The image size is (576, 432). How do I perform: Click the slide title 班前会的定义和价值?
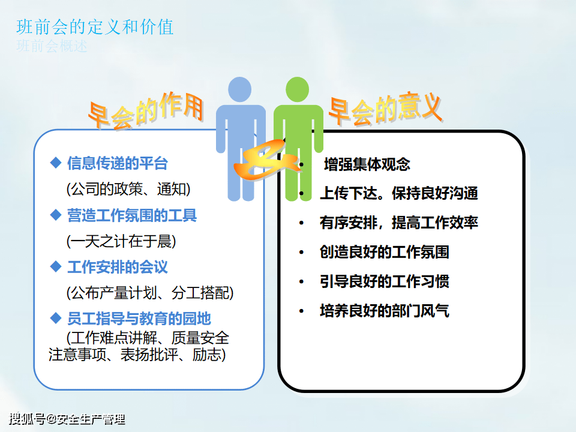(x=95, y=27)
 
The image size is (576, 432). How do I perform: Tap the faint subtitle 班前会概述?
(x=52, y=46)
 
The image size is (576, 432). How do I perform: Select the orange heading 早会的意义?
(x=385, y=109)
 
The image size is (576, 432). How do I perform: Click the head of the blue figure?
(x=240, y=89)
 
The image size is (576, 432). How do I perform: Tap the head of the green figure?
(x=297, y=89)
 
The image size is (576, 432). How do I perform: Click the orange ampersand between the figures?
(x=266, y=161)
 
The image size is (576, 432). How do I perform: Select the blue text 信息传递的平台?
(x=118, y=163)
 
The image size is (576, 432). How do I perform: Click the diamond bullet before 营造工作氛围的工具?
(x=55, y=215)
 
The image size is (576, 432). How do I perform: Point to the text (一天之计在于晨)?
(x=121, y=241)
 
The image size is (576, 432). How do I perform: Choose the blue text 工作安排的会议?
(x=118, y=267)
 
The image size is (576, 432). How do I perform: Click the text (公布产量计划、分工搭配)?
(x=150, y=293)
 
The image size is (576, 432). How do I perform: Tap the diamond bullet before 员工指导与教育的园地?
(x=55, y=318)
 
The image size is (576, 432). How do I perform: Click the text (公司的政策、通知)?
(x=128, y=189)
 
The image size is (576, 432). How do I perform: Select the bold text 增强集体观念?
(x=367, y=164)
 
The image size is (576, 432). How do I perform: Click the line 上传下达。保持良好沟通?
(x=399, y=193)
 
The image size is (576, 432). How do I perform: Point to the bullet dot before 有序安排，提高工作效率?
(x=301, y=223)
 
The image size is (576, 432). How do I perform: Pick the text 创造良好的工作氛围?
(x=384, y=253)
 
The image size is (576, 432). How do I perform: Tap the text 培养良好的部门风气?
(x=384, y=311)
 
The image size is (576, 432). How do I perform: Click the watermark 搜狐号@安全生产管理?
(x=67, y=419)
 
